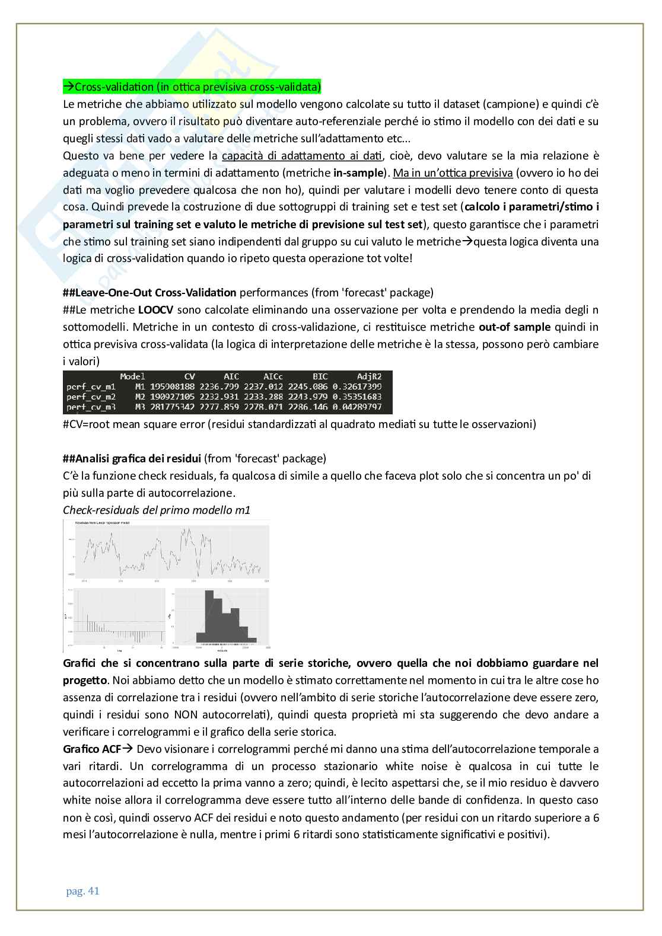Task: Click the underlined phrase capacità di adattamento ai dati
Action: [x=302, y=156]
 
